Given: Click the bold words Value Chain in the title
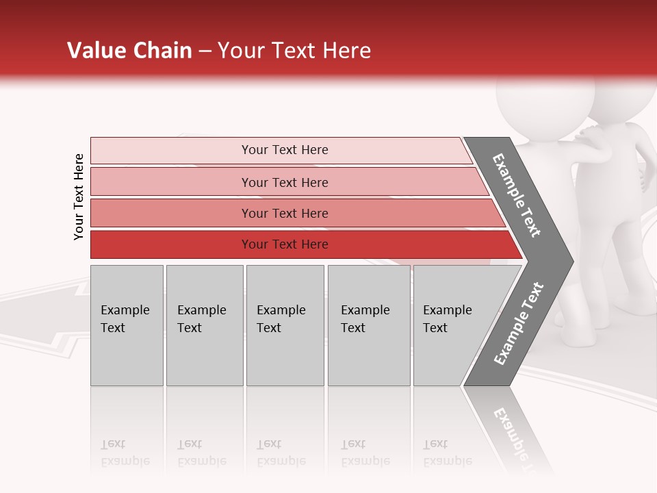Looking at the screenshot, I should [x=129, y=51].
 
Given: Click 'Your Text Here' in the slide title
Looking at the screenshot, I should [x=294, y=51].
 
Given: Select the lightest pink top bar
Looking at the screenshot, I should [x=171, y=151].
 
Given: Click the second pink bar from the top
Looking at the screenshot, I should [x=171, y=182].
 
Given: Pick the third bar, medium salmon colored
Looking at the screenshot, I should [x=171, y=213].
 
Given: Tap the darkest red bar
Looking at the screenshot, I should [x=171, y=244].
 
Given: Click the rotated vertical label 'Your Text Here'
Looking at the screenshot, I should [x=79, y=197].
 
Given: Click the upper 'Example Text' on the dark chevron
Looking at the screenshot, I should [x=517, y=195].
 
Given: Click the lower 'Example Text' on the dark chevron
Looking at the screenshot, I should [x=518, y=324].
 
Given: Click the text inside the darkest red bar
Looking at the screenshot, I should [x=285, y=244].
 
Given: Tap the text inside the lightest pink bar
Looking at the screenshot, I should [x=285, y=150].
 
